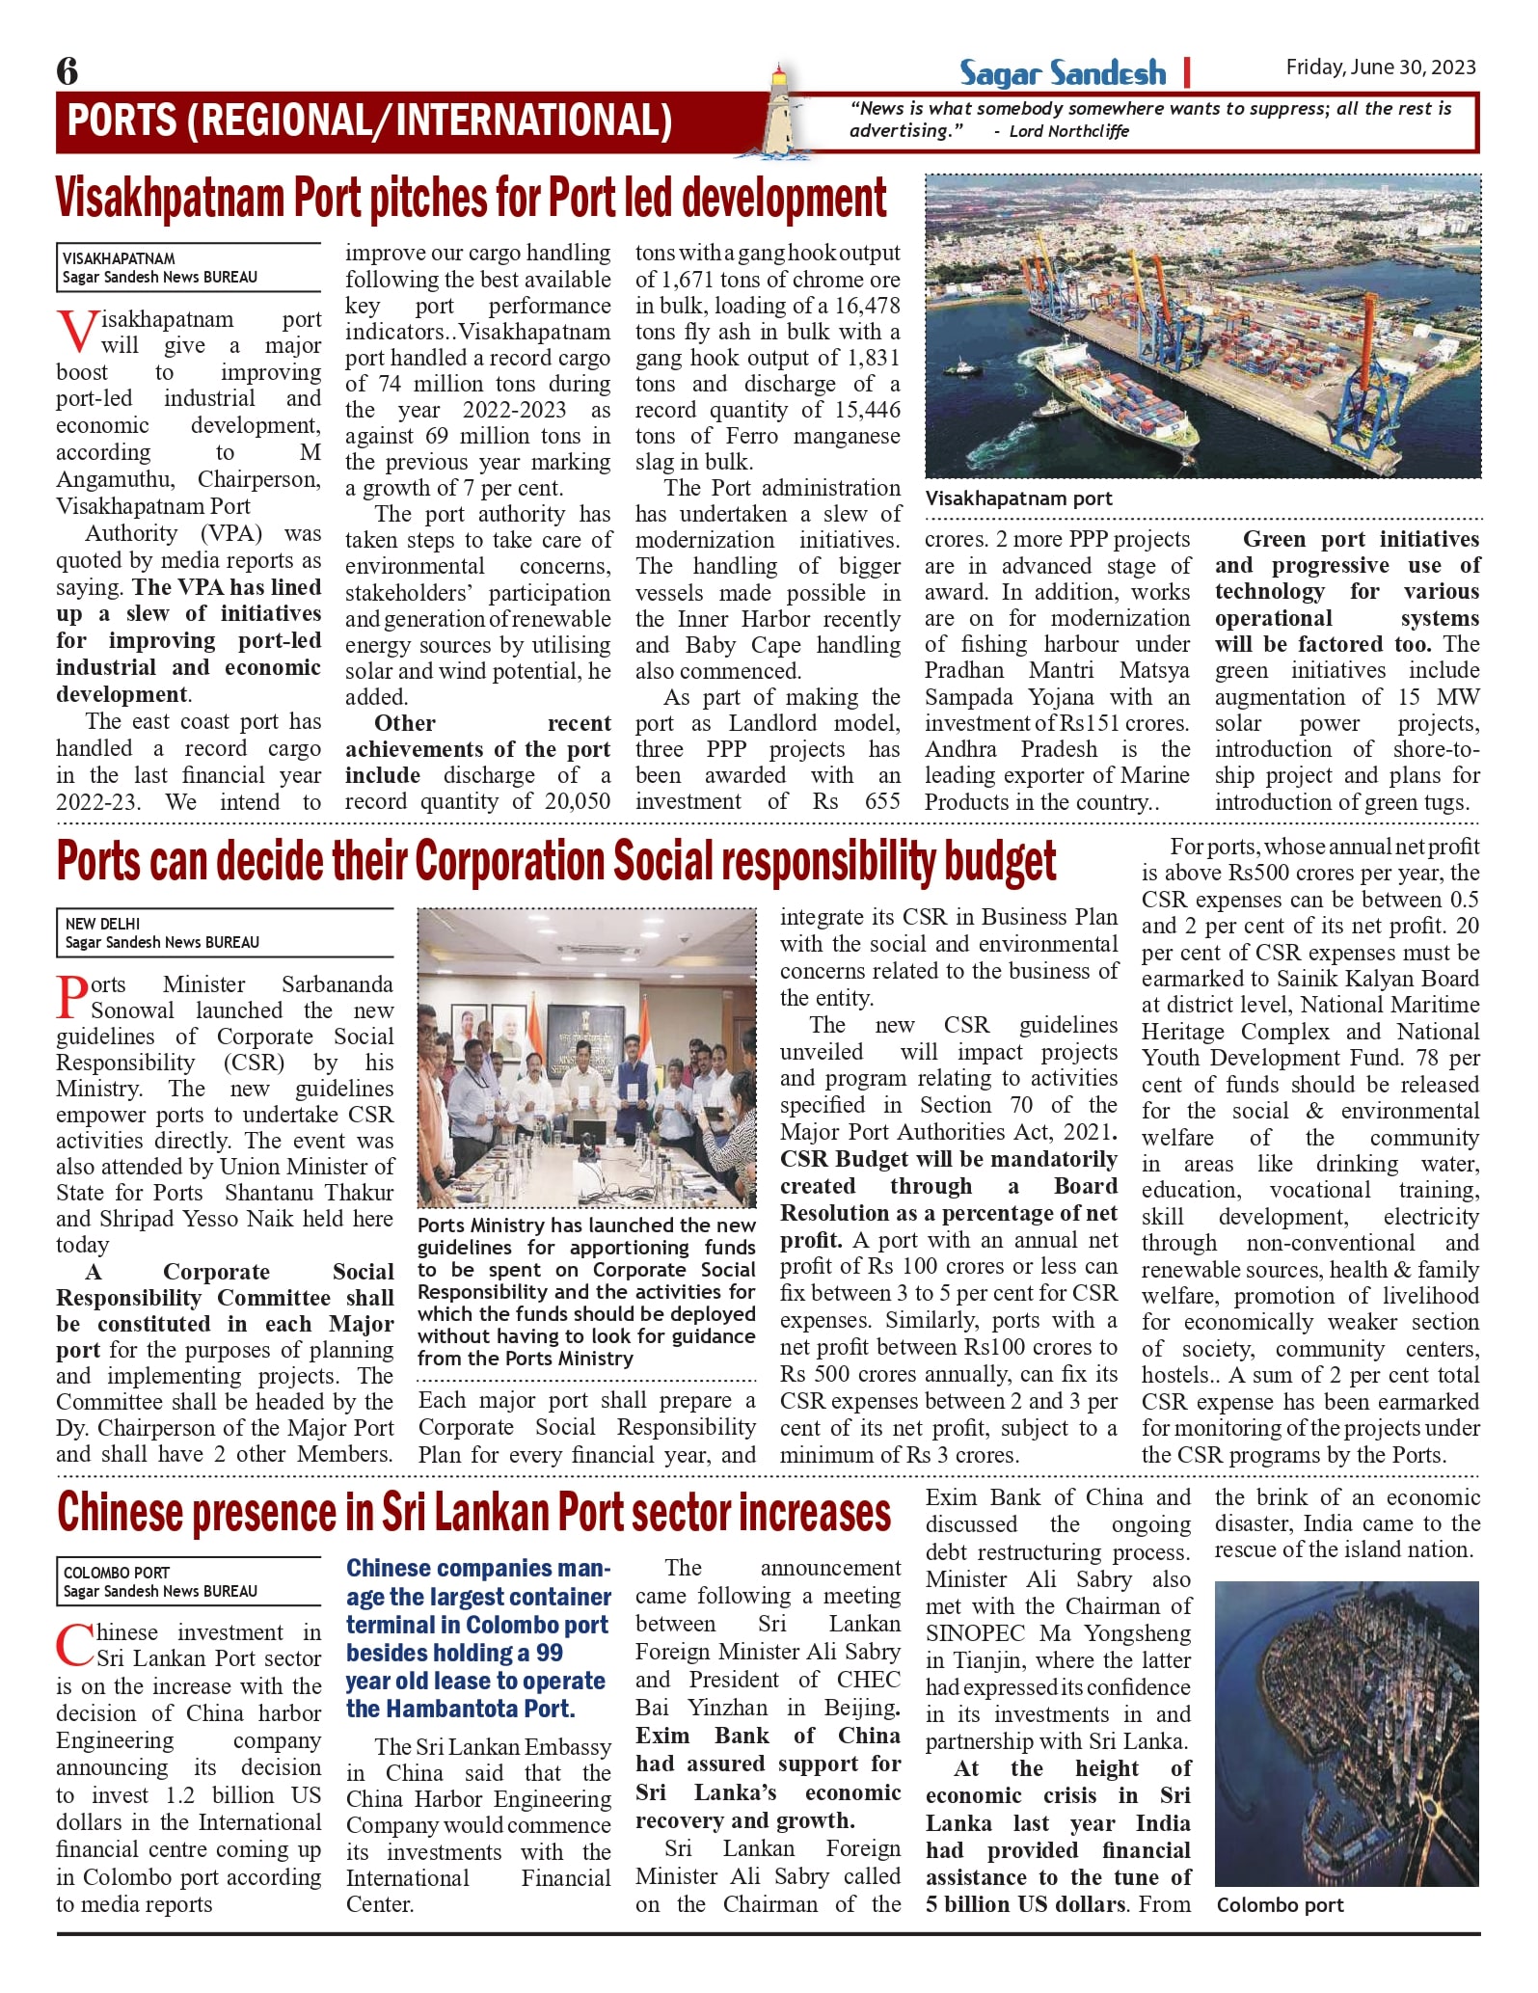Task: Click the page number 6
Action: [x=67, y=71]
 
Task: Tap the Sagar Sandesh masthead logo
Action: [x=1062, y=72]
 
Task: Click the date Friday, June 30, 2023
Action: [x=1380, y=67]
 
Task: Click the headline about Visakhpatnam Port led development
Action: [x=471, y=198]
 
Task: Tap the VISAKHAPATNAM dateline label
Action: [x=119, y=258]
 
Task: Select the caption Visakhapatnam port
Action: [x=1018, y=498]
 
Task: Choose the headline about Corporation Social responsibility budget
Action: [x=556, y=861]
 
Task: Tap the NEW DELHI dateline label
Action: [x=102, y=924]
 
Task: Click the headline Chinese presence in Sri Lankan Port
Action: [x=473, y=1512]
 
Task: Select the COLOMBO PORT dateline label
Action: [x=116, y=1573]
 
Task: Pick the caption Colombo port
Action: [x=1280, y=1905]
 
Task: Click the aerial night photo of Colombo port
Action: [x=1346, y=1733]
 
